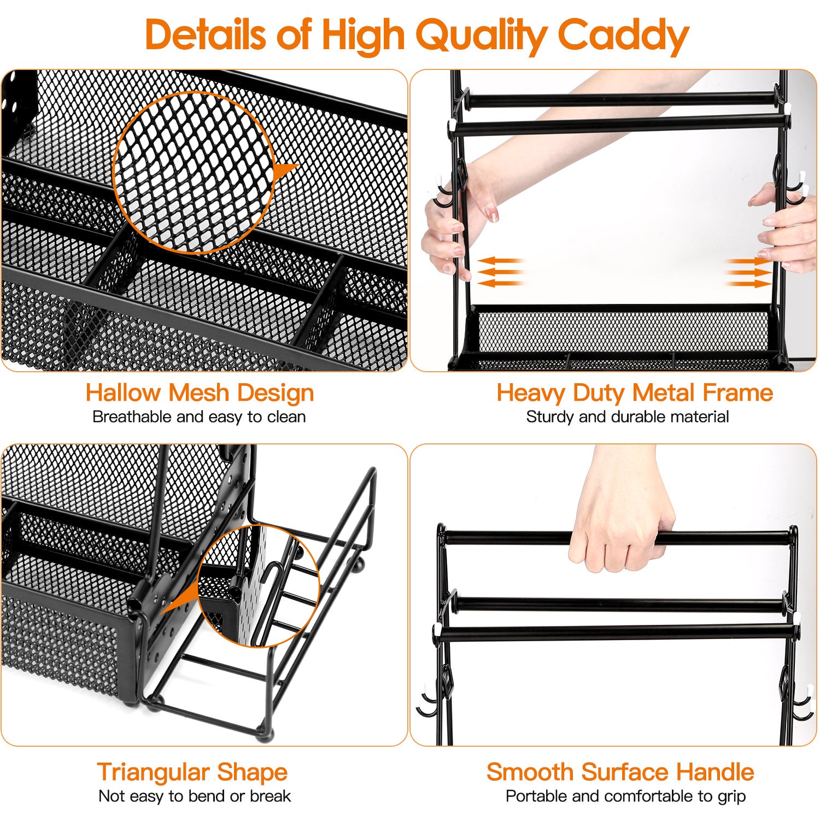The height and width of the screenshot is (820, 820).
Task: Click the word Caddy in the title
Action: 623,35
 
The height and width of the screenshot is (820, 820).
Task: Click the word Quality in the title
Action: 481,35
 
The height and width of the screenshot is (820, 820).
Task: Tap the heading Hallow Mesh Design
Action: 200,393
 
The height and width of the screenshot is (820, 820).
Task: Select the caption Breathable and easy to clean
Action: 199,417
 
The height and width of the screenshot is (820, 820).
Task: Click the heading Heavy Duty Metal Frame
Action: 634,393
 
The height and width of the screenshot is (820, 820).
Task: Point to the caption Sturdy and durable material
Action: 627,417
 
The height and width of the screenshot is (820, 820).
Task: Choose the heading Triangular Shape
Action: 192,772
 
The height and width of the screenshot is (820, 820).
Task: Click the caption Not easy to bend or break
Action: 195,796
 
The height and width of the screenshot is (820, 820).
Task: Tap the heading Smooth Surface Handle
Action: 620,772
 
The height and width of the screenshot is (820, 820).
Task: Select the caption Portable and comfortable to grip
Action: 625,796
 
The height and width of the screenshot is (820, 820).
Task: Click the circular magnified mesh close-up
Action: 194,172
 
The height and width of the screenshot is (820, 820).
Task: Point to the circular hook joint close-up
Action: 258,586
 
